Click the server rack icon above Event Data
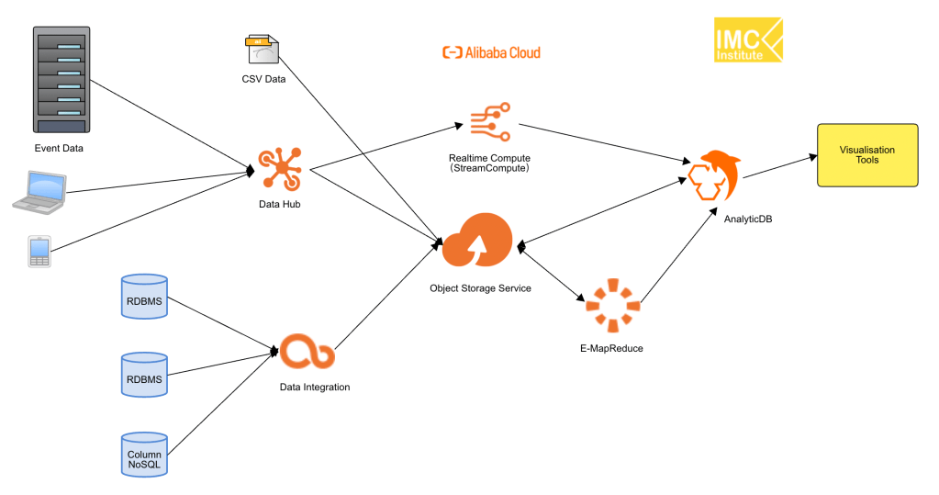click(60, 81)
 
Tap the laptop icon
click(39, 190)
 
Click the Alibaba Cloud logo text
click(491, 52)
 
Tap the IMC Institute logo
click(748, 40)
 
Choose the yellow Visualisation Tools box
click(866, 155)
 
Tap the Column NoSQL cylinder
click(144, 454)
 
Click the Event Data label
click(60, 149)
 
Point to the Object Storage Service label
click(480, 288)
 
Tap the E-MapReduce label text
click(612, 348)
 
